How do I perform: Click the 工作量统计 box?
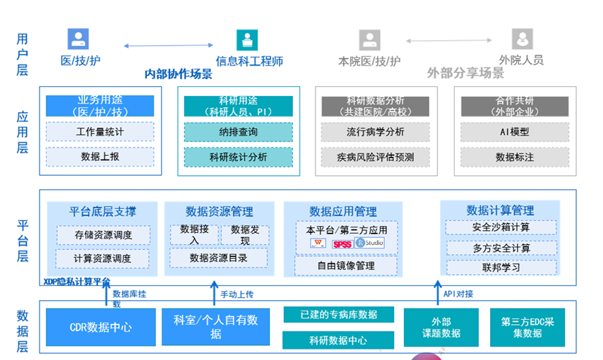pos(100,132)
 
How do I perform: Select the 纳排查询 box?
pos(238,132)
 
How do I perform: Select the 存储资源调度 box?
pos(103,235)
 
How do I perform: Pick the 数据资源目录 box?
pos(218,258)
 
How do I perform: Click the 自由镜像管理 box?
pos(346,265)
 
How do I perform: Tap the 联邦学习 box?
pos(501,268)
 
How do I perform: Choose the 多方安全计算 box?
pos(501,248)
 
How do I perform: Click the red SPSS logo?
pos(342,244)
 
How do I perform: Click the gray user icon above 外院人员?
pos(522,39)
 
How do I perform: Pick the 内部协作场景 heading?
pos(178,74)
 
